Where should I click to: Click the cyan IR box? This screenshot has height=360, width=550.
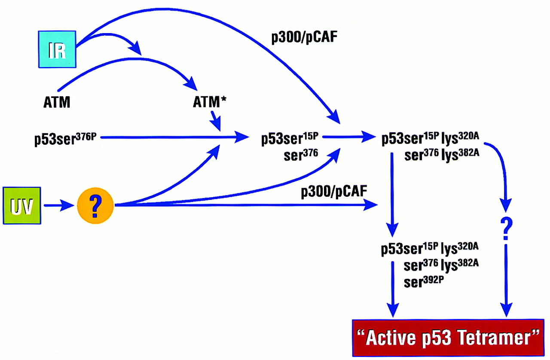coord(57,49)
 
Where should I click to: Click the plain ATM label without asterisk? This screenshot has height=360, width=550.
coord(57,103)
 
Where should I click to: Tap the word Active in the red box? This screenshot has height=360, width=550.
coord(392,339)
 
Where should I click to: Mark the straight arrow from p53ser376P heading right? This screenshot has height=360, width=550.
coord(172,138)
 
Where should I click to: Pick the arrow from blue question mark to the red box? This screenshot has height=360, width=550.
coord(507,279)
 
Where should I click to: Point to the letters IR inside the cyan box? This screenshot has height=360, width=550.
coord(57,49)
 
